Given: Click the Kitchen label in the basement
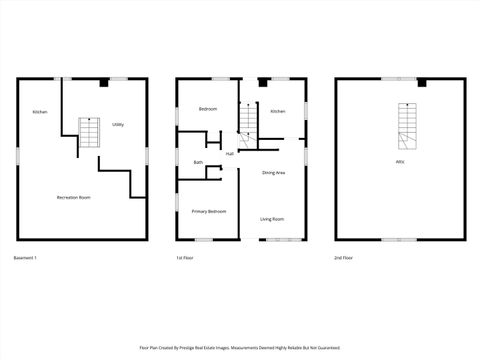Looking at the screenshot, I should tap(40, 111).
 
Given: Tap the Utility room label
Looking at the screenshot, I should tap(118, 125).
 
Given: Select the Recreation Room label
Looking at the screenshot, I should tap(74, 197).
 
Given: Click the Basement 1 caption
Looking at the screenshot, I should tap(26, 258).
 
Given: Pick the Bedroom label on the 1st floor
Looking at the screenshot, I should tap(208, 108).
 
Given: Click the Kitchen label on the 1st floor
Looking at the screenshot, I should tap(278, 111).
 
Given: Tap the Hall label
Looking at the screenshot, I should tap(230, 153).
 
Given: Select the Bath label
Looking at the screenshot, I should tap(198, 162).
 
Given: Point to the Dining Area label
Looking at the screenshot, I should tap(274, 173).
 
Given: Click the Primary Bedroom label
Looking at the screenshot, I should tap(209, 211).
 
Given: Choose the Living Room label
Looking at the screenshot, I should tap(272, 219).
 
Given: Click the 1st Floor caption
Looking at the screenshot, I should tap(183, 258).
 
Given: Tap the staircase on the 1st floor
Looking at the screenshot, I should tap(247, 121).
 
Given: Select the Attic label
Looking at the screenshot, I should tap(400, 161).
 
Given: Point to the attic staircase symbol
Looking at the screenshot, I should tap(407, 124).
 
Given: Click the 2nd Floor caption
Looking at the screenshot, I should tap(344, 258).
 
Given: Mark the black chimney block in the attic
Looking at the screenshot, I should tap(421, 83).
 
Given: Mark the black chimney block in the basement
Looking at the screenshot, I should tap(105, 83).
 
